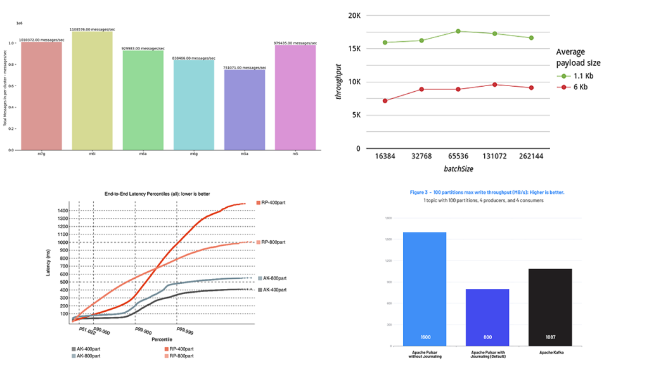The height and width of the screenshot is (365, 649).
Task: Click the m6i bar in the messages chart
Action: (x=91, y=92)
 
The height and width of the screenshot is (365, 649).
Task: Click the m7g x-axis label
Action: (x=41, y=153)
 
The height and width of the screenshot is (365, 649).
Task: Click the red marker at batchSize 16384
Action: (x=385, y=101)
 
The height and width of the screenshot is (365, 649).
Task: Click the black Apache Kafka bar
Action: (x=550, y=307)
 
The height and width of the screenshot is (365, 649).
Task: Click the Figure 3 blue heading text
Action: (x=486, y=192)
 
